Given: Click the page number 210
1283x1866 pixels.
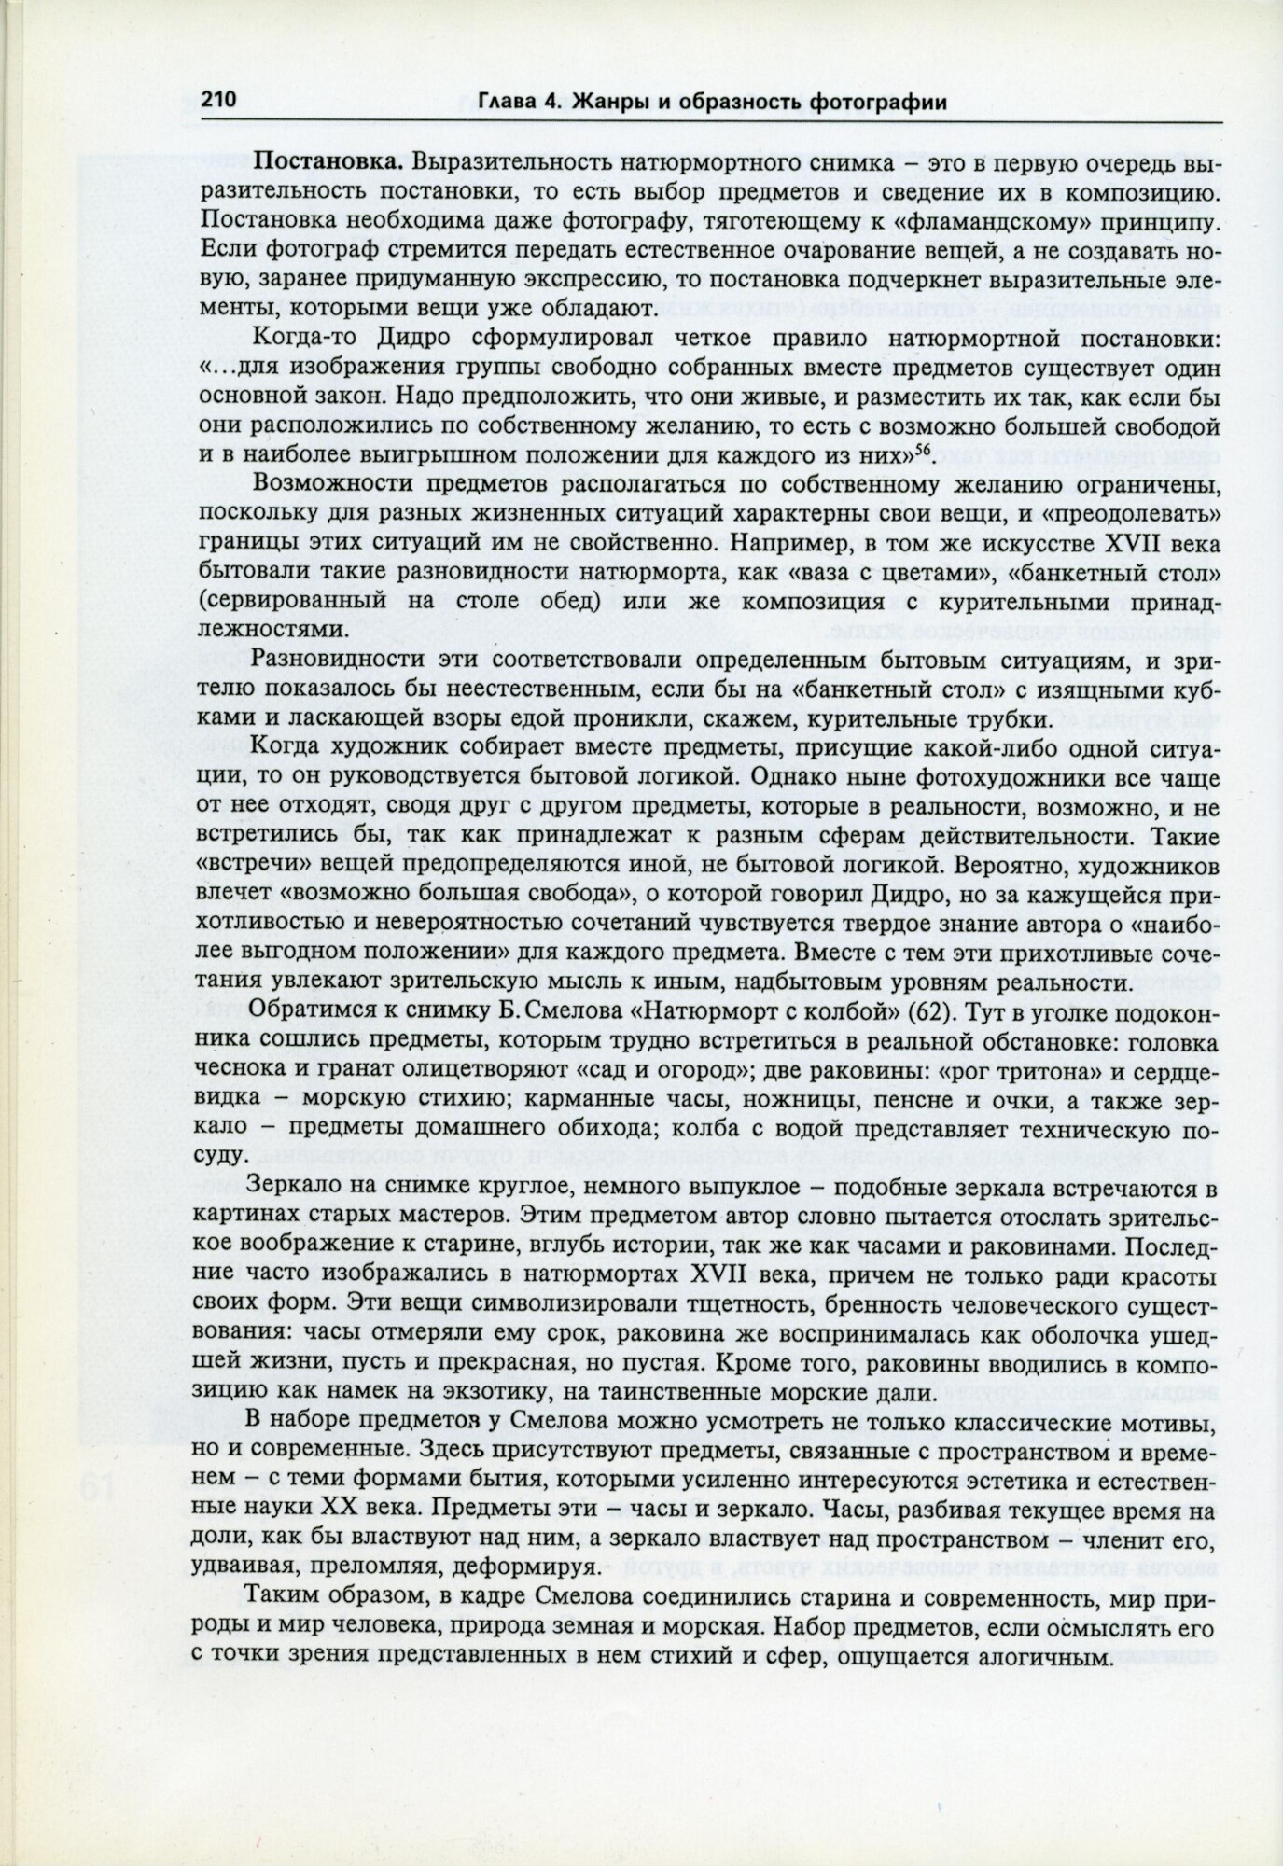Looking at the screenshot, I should (219, 100).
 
